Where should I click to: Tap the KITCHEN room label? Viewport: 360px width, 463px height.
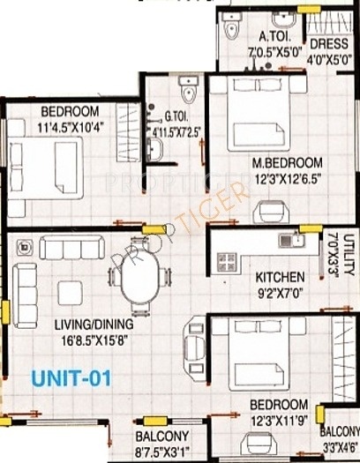(280, 275)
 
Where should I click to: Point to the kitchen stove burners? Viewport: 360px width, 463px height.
(227, 261)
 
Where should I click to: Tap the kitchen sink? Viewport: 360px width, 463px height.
(297, 237)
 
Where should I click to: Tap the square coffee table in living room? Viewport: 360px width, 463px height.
(69, 291)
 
